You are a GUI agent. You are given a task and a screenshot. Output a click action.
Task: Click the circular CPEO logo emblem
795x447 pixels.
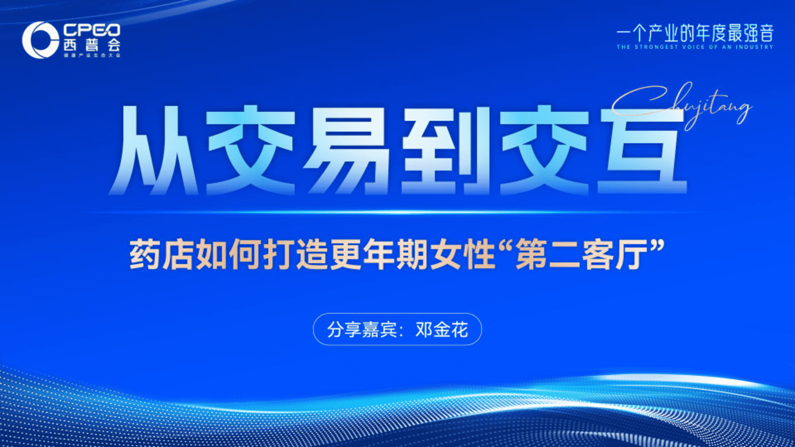coord(40,40)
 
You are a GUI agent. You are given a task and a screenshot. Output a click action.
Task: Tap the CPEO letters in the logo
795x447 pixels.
coord(92,30)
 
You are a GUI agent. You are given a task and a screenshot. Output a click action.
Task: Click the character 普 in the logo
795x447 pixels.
coord(92,45)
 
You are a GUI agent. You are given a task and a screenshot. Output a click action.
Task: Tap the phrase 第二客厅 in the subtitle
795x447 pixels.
coord(581,255)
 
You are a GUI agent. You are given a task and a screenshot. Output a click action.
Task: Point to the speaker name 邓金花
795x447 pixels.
coord(442,330)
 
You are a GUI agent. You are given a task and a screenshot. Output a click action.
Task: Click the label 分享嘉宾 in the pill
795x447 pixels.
coord(362,330)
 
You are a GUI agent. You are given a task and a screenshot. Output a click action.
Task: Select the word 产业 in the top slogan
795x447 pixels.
coord(665,34)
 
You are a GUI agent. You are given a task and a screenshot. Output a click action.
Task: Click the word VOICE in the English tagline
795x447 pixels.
coord(693,47)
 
